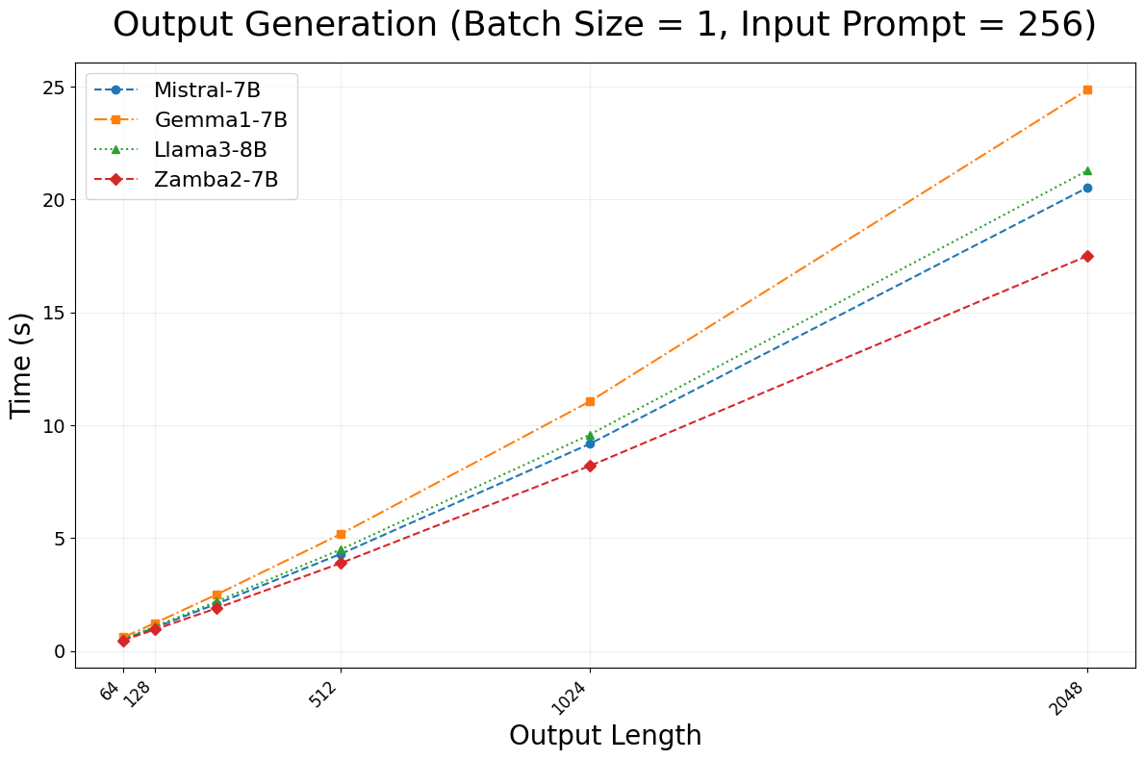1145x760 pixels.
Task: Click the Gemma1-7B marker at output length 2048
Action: click(1087, 89)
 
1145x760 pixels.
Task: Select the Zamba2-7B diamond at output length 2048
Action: click(1087, 256)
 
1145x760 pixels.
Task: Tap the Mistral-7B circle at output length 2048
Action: click(1087, 188)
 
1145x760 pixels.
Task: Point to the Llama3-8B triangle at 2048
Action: click(1087, 170)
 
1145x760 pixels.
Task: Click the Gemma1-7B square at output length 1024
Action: click(590, 401)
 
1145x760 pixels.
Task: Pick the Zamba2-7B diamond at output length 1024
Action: click(590, 466)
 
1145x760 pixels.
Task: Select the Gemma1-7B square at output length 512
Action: click(341, 534)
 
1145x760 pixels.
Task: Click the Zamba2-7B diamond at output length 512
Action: click(341, 563)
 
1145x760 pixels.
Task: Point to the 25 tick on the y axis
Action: click(54, 88)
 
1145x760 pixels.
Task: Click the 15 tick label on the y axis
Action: click(54, 314)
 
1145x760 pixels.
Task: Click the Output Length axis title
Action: click(605, 736)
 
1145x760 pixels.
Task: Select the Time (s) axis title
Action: click(21, 365)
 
